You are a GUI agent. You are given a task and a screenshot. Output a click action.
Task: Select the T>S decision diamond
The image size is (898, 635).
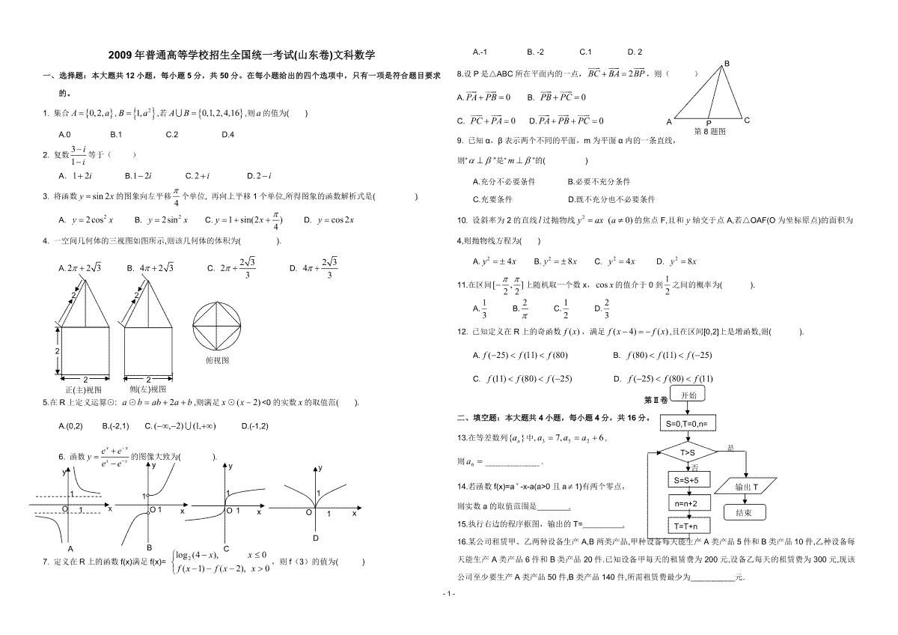pyautogui.click(x=688, y=452)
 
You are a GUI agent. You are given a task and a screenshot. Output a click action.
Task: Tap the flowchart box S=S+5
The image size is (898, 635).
pyautogui.click(x=685, y=480)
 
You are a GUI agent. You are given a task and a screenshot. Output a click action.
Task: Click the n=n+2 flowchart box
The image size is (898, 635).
pyautogui.click(x=685, y=503)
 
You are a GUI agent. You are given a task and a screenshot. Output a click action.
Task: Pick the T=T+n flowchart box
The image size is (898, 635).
pyautogui.click(x=685, y=526)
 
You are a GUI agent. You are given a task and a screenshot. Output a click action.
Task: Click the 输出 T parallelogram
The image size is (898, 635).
pyautogui.click(x=746, y=487)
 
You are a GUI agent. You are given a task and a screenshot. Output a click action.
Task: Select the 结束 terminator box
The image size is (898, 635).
pyautogui.click(x=744, y=513)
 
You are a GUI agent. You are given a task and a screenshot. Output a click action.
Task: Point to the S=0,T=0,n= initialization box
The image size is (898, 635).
pyautogui.click(x=687, y=423)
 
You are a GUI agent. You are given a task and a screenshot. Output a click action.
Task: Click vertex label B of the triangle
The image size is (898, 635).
pyautogui.click(x=726, y=64)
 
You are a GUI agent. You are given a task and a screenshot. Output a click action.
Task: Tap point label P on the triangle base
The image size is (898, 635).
pyautogui.click(x=708, y=122)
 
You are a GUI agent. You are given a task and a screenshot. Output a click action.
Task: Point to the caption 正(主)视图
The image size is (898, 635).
pyautogui.click(x=83, y=389)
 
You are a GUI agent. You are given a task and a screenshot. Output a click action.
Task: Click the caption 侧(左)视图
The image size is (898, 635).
pyautogui.click(x=147, y=389)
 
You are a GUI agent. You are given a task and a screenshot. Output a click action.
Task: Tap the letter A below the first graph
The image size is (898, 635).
pyautogui.click(x=70, y=549)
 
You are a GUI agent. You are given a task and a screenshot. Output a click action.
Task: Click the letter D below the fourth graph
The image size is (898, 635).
pyautogui.click(x=316, y=538)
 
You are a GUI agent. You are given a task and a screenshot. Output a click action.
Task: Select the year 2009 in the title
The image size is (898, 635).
pyautogui.click(x=120, y=55)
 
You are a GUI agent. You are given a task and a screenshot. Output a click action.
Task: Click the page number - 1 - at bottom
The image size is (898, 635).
pyautogui.click(x=449, y=594)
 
